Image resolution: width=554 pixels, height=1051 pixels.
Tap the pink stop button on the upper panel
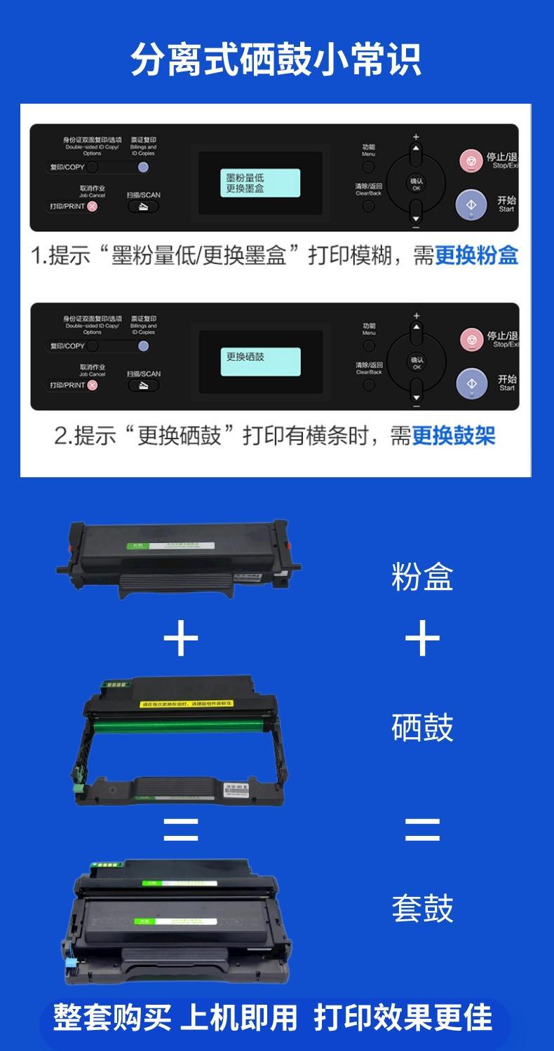[x=471, y=161]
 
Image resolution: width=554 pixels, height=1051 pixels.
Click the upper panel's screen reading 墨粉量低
[x=260, y=183]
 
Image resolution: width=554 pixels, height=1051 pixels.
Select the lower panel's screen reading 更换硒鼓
[x=260, y=362]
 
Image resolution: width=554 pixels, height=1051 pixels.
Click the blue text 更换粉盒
[x=476, y=256]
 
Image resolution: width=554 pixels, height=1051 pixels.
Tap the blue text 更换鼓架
[x=453, y=436]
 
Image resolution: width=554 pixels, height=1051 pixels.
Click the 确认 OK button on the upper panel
[x=416, y=184]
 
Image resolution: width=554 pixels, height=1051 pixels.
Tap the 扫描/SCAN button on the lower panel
[x=143, y=207]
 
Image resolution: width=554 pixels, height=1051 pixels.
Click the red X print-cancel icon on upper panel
[x=93, y=207]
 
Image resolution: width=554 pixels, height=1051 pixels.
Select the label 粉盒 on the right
[x=422, y=577]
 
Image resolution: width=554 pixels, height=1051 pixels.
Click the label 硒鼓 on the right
[x=422, y=727]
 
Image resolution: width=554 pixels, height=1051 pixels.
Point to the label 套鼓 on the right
[x=422, y=908]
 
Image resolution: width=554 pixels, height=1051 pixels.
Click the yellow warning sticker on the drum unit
[x=187, y=703]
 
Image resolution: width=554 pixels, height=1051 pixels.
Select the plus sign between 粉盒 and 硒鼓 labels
[x=422, y=640]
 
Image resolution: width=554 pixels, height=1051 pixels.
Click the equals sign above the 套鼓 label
[x=422, y=830]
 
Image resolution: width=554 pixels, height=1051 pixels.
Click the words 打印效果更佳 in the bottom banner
[x=403, y=1017]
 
